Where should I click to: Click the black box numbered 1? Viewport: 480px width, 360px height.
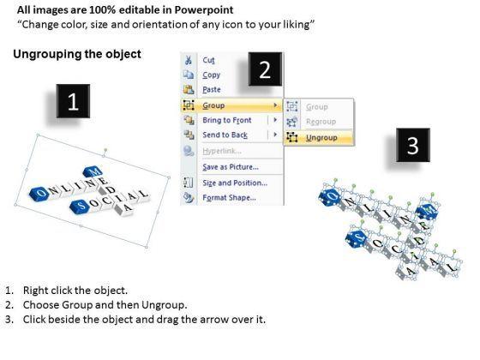click(73, 101)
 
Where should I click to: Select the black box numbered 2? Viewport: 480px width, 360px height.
click(265, 69)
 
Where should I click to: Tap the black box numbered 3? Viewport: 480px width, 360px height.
click(413, 145)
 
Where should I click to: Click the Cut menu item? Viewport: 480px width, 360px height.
click(209, 60)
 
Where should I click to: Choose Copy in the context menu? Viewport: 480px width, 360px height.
click(211, 75)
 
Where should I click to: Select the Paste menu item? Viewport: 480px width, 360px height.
click(212, 90)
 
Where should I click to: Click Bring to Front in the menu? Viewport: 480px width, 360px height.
click(227, 120)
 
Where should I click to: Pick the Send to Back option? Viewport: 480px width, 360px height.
click(225, 135)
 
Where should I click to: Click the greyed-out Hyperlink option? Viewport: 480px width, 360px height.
click(222, 151)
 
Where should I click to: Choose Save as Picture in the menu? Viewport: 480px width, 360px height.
click(231, 167)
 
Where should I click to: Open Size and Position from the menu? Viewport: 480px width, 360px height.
click(235, 183)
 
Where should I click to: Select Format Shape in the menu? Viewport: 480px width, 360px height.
click(230, 197)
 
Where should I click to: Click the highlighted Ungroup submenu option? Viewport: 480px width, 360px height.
click(321, 138)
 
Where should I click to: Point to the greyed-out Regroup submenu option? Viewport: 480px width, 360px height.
click(321, 122)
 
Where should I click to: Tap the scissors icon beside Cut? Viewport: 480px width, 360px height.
click(189, 60)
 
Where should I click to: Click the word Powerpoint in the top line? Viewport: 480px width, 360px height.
click(204, 9)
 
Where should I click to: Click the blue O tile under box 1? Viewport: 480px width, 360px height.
click(39, 193)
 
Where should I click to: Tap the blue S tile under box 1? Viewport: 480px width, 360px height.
click(80, 206)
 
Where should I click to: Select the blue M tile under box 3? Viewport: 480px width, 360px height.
click(427, 211)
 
